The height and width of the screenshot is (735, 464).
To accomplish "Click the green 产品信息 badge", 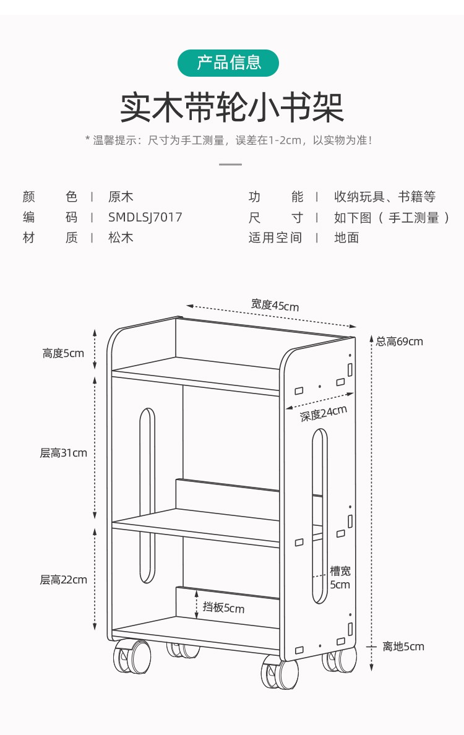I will click(x=228, y=63).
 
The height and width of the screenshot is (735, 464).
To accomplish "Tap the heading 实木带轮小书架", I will click(x=231, y=108).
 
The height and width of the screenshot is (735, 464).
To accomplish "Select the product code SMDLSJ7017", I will click(x=145, y=217).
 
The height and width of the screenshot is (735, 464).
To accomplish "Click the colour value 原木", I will click(x=121, y=197).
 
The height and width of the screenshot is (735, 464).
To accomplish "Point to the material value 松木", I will click(x=121, y=238).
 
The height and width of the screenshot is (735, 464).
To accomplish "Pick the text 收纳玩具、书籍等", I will click(x=385, y=197).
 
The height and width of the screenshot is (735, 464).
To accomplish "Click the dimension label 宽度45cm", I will click(x=275, y=304).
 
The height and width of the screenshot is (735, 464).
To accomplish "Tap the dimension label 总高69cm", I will click(x=400, y=341).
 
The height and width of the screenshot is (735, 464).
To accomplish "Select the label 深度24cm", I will click(x=323, y=413).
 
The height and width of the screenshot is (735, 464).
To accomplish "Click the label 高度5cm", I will click(x=63, y=353).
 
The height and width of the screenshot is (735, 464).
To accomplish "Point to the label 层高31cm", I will click(x=64, y=453).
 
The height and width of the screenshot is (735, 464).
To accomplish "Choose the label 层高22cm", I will click(x=64, y=580).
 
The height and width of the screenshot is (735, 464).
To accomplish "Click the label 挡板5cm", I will click(x=223, y=608).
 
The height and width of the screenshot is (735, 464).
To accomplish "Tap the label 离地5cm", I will click(x=403, y=647).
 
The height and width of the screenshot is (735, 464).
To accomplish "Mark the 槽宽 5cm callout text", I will click(x=340, y=578).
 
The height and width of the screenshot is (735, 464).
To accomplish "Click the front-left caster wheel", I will click(x=132, y=656).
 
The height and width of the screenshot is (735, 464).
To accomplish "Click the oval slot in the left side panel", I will click(x=147, y=495).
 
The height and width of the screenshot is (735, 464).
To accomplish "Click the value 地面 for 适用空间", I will click(x=346, y=238).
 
